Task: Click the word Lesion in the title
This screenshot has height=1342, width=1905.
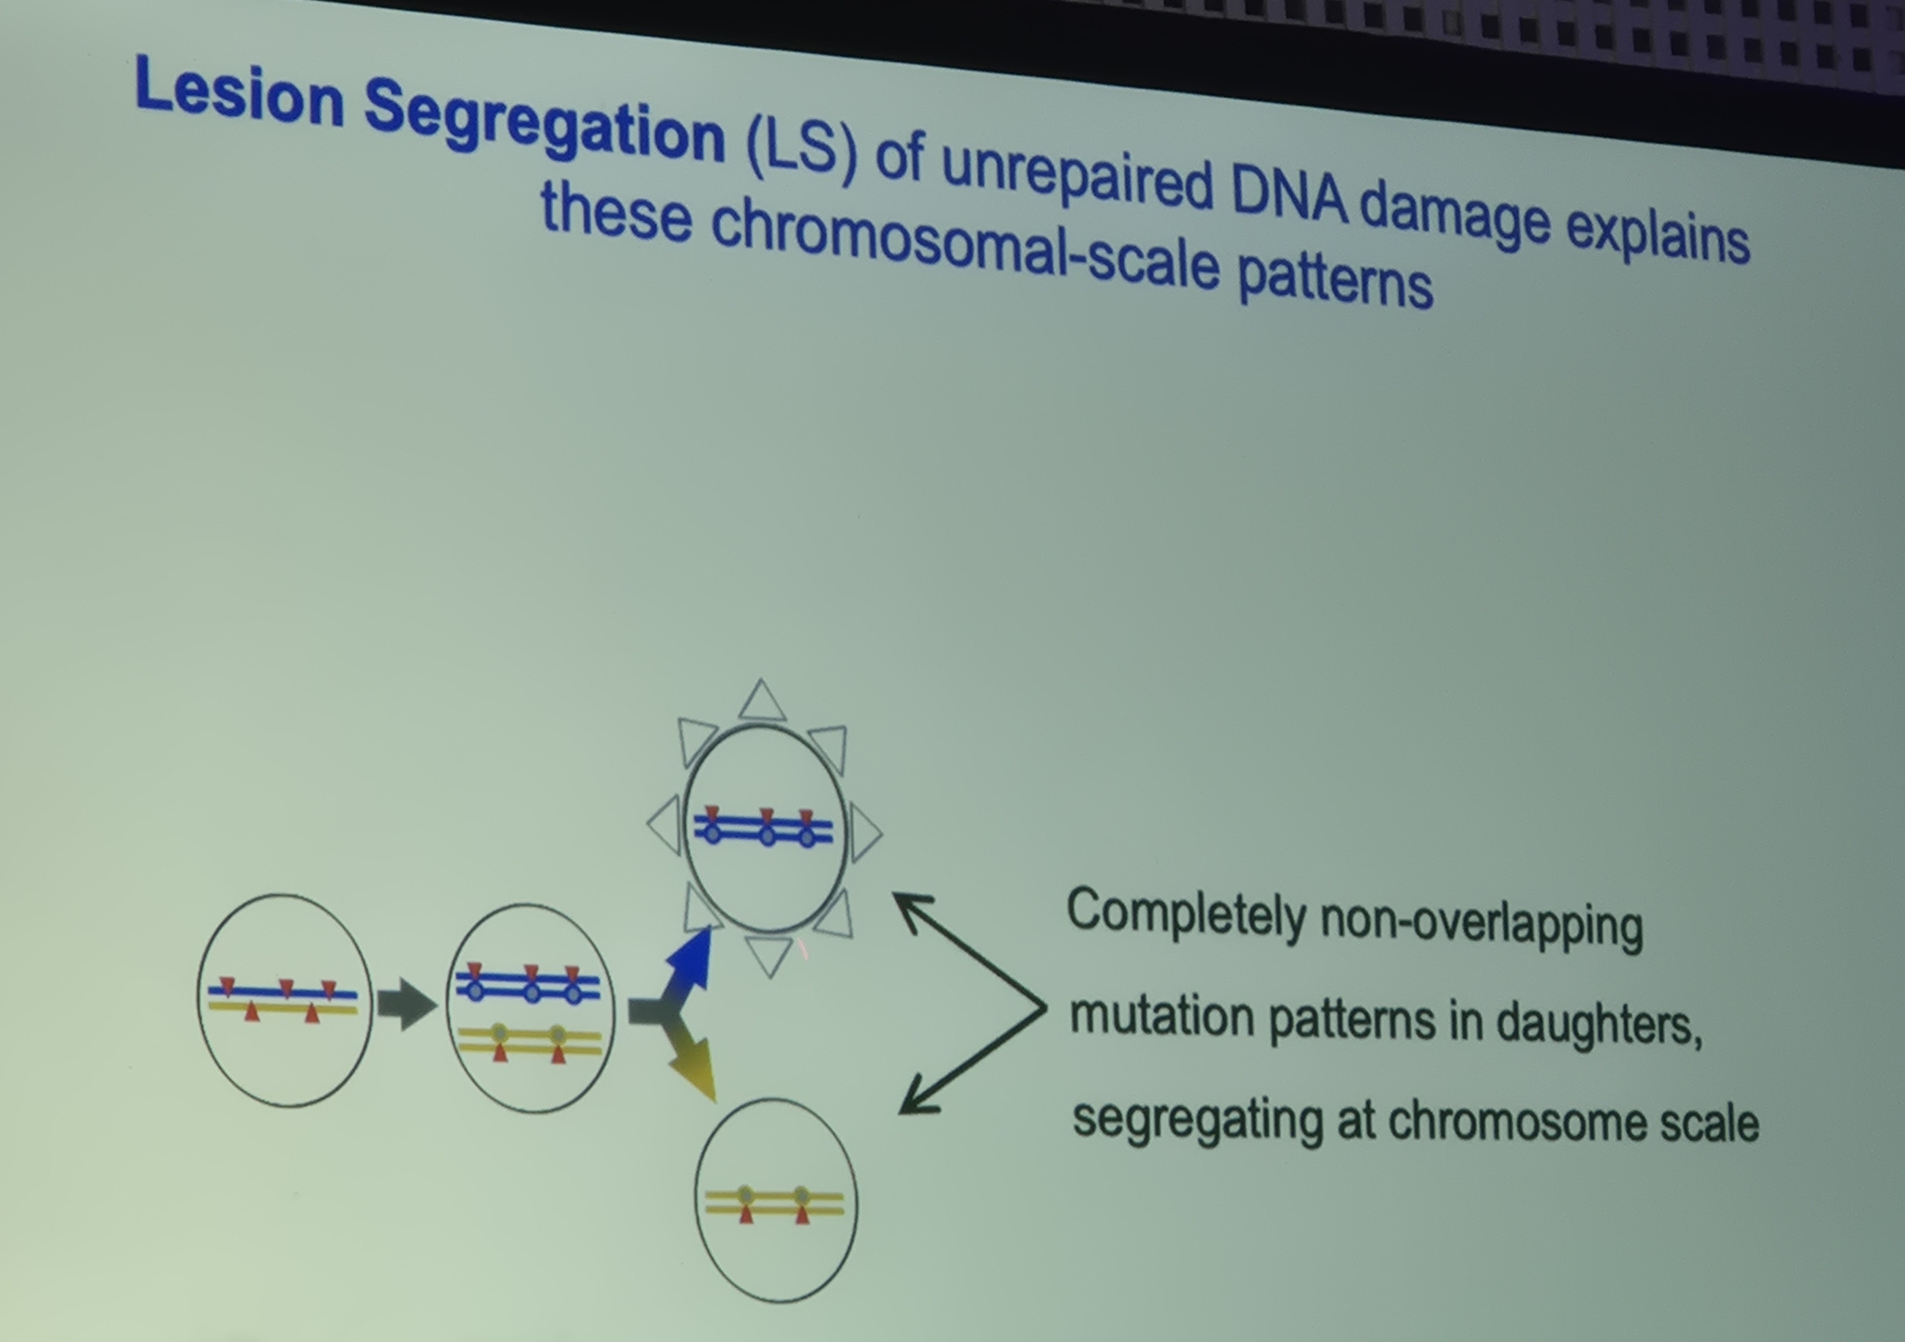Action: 239,93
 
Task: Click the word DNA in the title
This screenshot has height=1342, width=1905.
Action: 1289,194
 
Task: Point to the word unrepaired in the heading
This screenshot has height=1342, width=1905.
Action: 1077,176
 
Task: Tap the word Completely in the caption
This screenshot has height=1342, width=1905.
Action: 1185,913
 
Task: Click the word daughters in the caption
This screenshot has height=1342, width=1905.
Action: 1598,1025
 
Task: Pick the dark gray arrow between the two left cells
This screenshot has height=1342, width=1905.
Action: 408,1004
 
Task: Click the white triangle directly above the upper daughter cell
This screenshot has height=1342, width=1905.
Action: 762,701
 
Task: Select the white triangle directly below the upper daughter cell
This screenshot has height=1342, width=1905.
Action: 770,955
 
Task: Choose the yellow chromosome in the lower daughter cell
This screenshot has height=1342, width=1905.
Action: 773,1204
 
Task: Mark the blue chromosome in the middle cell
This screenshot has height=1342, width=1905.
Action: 529,984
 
